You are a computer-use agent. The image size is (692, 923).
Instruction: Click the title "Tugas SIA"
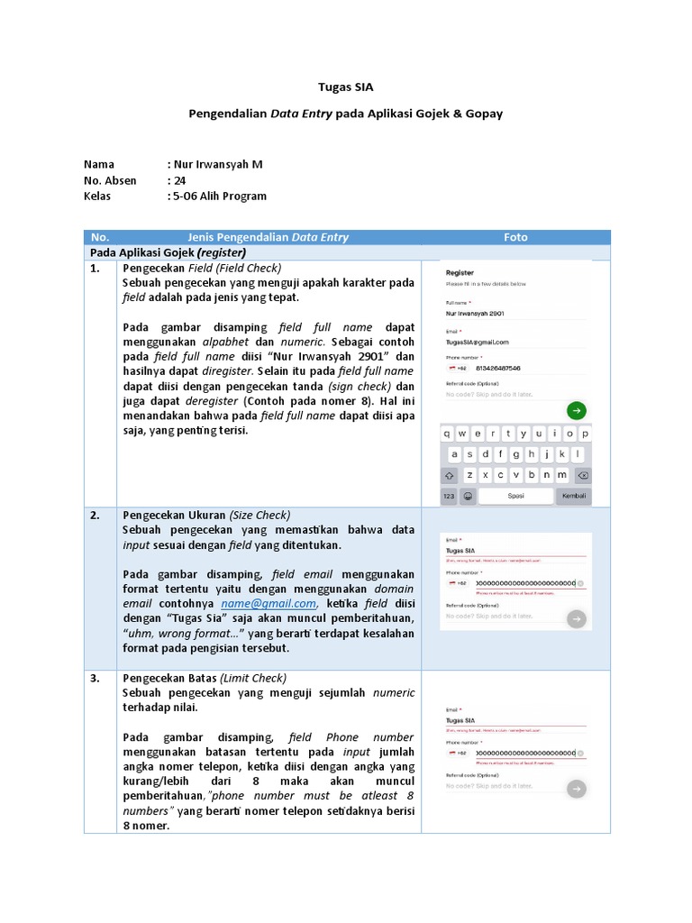pos(345,87)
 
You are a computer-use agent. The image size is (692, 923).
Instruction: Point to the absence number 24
pos(180,180)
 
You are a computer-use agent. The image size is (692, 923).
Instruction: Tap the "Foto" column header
pos(515,237)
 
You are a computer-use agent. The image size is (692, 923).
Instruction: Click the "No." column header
pos(99,237)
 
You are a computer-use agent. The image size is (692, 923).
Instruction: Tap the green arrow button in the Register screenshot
pos(576,411)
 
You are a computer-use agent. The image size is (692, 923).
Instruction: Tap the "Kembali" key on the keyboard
pos(574,496)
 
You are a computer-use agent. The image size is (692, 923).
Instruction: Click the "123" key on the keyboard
pos(448,496)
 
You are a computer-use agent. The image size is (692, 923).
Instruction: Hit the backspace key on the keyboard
pos(582,475)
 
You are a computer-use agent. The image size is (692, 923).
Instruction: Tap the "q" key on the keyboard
pos(448,433)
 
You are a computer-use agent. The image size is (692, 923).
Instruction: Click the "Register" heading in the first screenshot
pos(460,272)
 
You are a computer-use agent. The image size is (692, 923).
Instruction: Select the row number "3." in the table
pos(95,678)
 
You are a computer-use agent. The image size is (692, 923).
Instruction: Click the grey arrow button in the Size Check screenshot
pos(576,618)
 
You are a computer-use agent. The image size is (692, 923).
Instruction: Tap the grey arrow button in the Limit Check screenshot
pos(576,789)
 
